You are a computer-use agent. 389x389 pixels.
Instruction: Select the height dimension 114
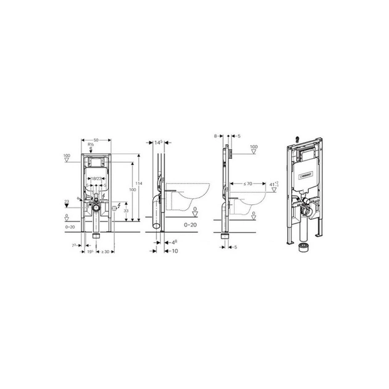141,183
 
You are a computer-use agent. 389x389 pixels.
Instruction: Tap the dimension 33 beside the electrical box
126,211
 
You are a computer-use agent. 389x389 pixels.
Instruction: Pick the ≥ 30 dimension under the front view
106,252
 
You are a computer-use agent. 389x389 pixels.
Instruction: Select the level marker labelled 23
67,201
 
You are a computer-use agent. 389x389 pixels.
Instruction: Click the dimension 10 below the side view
175,252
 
